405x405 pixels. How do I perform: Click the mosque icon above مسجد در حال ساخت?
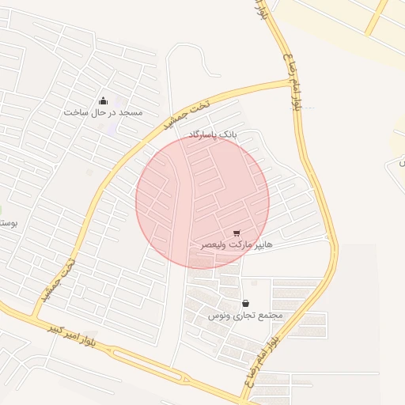[103, 100]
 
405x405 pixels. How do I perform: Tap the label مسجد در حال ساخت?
[104, 112]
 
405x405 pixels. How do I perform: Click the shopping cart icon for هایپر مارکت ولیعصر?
[237, 233]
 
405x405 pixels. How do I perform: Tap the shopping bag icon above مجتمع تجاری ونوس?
[245, 303]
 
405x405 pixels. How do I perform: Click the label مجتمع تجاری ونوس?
[245, 315]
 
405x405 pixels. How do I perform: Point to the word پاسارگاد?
[202, 136]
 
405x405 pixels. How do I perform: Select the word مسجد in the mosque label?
[131, 112]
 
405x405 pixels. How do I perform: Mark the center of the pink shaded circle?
[202, 201]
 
